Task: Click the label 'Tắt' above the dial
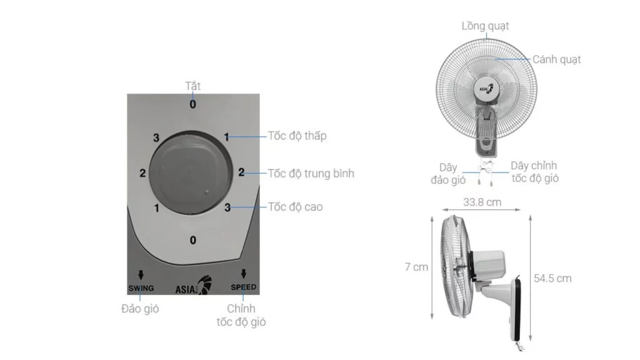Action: (x=192, y=86)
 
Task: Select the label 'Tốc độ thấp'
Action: (x=297, y=136)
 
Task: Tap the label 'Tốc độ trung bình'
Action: (x=311, y=173)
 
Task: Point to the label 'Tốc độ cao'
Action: (x=295, y=206)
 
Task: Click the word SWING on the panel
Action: (x=141, y=287)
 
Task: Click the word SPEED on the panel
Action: (x=243, y=287)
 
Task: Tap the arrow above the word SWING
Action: (x=141, y=274)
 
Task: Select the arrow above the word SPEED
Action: (x=243, y=274)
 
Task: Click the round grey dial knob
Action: (x=185, y=172)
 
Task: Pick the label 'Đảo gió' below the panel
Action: (x=140, y=309)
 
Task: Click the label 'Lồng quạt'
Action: (x=485, y=26)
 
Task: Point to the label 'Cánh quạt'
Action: (x=556, y=59)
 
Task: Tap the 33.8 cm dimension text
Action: (x=482, y=202)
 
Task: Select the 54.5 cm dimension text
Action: (x=552, y=279)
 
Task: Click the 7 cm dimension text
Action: (x=416, y=267)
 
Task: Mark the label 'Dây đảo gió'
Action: (x=447, y=173)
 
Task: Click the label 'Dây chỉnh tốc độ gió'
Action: (x=534, y=172)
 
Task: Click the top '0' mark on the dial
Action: (x=192, y=104)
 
